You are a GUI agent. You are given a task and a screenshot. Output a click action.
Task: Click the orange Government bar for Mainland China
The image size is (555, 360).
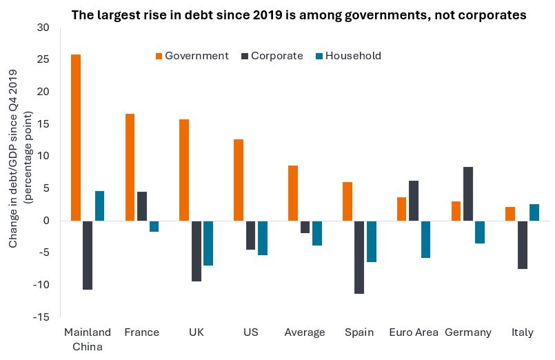click(76, 137)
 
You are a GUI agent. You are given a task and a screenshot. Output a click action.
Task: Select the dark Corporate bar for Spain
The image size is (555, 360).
click(359, 257)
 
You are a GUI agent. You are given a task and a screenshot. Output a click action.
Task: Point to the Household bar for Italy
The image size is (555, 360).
click(534, 212)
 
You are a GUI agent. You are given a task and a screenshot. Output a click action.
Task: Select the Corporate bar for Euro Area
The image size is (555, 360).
click(414, 201)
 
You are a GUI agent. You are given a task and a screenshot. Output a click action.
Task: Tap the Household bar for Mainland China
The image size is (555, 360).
click(99, 206)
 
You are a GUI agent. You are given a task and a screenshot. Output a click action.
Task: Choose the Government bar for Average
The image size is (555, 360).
click(293, 193)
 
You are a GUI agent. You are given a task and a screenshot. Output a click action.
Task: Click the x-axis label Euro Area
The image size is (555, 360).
click(414, 332)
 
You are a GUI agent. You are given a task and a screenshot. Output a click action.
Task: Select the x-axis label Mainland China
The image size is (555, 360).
click(87, 339)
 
